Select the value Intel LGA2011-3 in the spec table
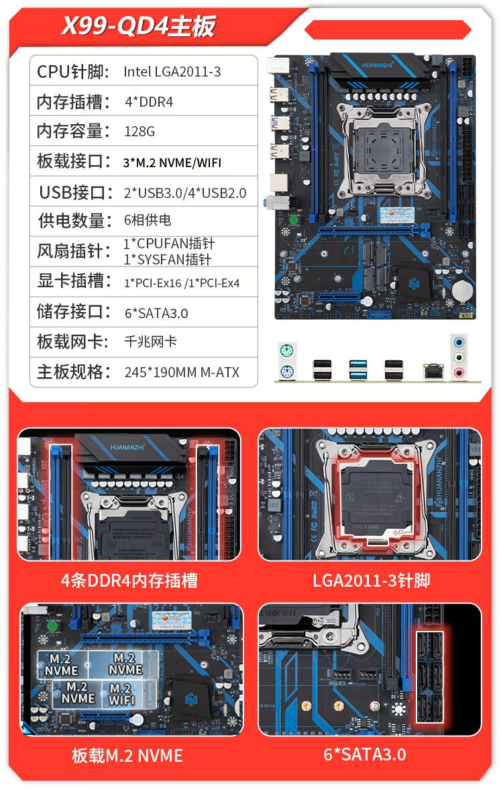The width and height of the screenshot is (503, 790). (x=172, y=72)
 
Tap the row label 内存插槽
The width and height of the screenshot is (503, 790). (x=73, y=102)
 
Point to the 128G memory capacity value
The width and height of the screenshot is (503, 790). (x=139, y=132)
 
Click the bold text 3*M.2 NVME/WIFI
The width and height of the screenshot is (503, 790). (x=172, y=162)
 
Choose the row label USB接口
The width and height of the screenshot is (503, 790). (x=76, y=193)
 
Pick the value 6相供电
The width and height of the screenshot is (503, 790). (x=148, y=220)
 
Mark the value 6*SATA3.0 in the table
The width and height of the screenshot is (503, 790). (x=156, y=313)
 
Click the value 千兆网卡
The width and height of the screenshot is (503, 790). (x=151, y=342)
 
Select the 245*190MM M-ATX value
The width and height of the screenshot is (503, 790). (x=182, y=372)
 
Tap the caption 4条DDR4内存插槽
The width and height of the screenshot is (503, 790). (x=129, y=580)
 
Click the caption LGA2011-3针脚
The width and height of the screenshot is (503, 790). (x=371, y=580)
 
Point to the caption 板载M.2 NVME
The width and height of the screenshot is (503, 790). (x=127, y=756)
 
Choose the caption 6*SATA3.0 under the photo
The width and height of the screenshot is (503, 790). (x=365, y=754)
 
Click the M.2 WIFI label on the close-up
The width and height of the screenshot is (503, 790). (x=121, y=694)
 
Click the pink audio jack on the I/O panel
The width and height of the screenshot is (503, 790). (x=459, y=373)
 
